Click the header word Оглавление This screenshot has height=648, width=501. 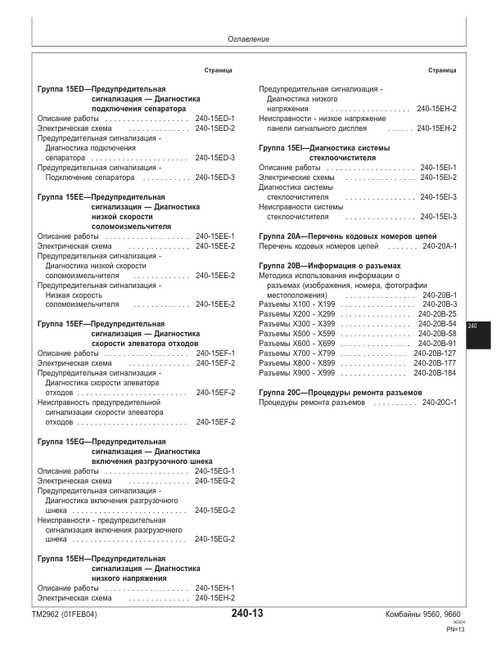point(249,39)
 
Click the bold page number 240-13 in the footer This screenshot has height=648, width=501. point(247,614)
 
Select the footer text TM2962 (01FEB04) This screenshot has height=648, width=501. point(64,615)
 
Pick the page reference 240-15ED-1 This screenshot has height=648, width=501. point(215,119)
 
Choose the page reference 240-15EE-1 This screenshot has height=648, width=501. point(215,236)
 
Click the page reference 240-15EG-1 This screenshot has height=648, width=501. point(215,471)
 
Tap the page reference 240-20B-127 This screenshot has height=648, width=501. point(436,353)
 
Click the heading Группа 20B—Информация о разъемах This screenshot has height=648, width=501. point(330,266)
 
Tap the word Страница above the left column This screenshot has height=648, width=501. point(218,71)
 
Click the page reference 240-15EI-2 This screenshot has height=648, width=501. point(437,178)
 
